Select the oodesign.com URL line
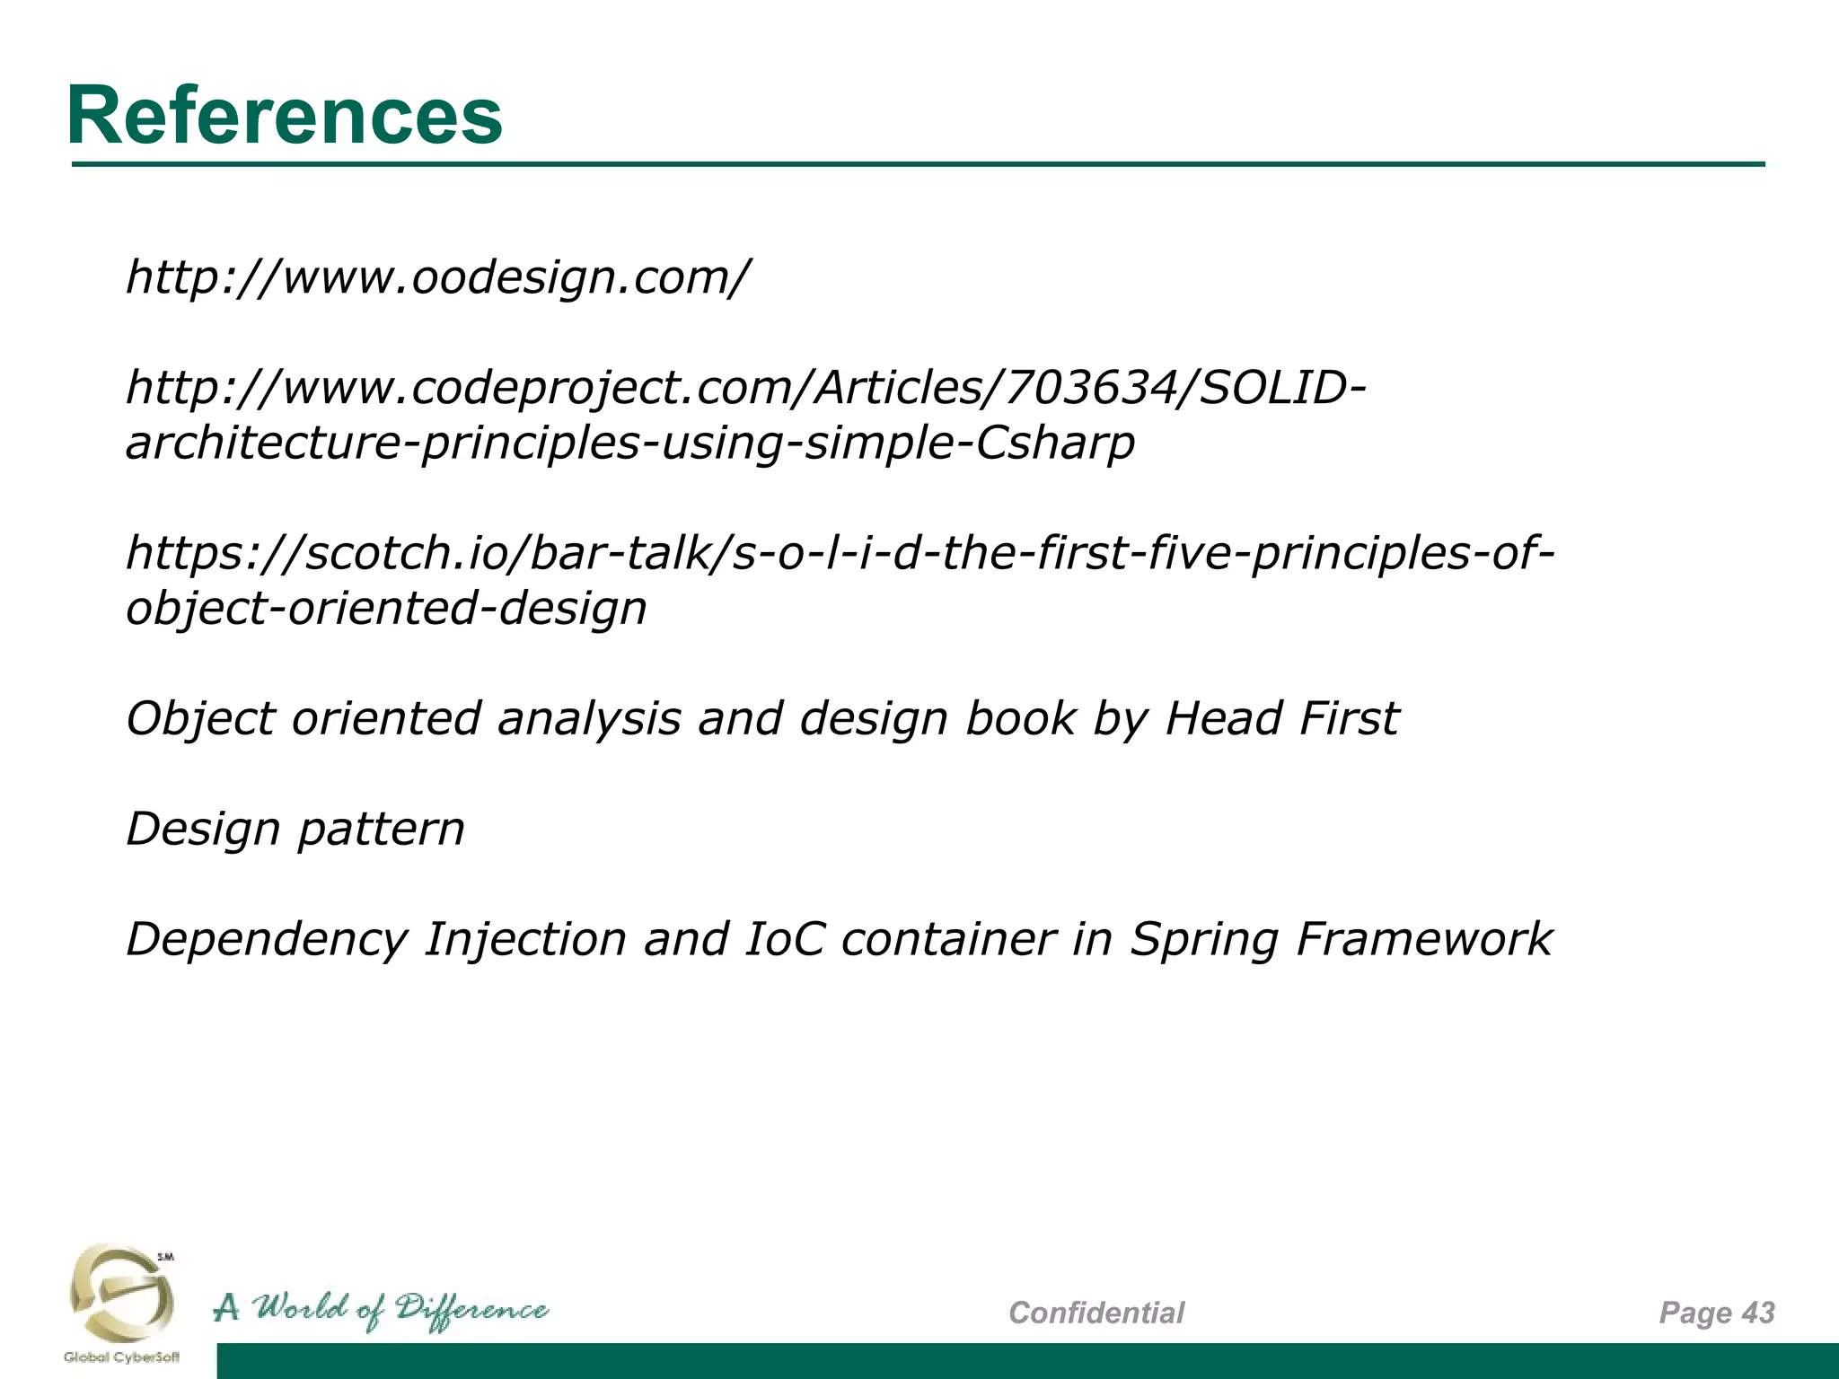436,277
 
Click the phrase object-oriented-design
386,608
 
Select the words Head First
1280,718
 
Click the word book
1020,718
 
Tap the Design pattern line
295,829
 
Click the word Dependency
267,940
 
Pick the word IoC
784,939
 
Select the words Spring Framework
1340,940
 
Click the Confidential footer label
1096,1313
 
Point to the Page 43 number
1716,1313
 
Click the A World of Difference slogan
381,1310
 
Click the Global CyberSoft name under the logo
121,1357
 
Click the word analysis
589,718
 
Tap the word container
947,940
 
